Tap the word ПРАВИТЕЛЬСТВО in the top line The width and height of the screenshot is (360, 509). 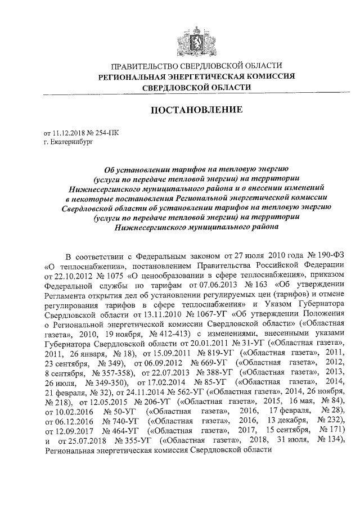click(x=146, y=66)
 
